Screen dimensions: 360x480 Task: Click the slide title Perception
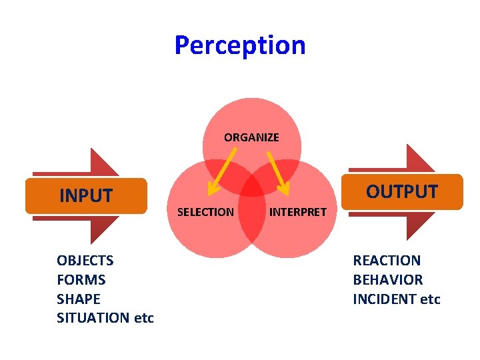tap(240, 45)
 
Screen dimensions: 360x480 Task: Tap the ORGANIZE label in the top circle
tap(251, 137)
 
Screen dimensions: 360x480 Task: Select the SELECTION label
tap(205, 212)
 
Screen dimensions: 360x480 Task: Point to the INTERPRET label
tap(297, 212)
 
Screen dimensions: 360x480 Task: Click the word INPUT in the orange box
tap(86, 196)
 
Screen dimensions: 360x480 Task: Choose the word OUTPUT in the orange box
tap(401, 192)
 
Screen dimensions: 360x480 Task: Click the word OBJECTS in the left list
tap(85, 261)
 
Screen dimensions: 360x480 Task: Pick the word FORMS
tap(81, 280)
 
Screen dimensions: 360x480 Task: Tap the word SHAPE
tap(79, 299)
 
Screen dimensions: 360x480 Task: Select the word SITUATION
tap(93, 318)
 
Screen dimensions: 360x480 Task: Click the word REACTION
tap(387, 261)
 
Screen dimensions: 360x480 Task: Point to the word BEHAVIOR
tap(388, 280)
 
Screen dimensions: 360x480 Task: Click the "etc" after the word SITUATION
tap(144, 318)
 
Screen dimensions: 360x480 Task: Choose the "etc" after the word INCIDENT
tap(431, 299)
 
